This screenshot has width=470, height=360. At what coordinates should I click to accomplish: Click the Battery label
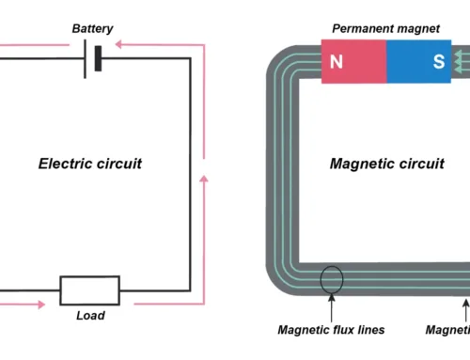[x=93, y=29]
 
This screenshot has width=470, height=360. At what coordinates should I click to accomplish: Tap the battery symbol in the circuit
[x=91, y=59]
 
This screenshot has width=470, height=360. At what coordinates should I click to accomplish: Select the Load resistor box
[x=89, y=290]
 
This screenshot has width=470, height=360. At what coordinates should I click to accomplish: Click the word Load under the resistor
[x=90, y=316]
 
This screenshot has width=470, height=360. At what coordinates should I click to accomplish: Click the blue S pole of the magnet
[x=438, y=64]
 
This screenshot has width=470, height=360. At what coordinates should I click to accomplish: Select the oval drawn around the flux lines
[x=331, y=279]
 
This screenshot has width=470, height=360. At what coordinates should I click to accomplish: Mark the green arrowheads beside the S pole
[x=461, y=63]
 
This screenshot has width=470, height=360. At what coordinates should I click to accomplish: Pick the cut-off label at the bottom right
[x=447, y=329]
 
